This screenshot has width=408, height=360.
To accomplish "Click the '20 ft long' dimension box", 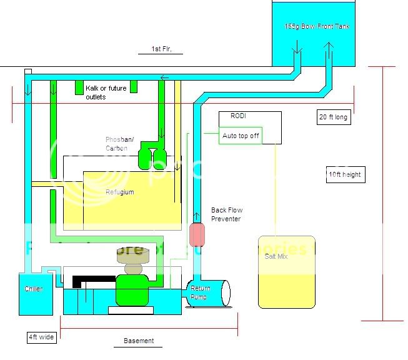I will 333,117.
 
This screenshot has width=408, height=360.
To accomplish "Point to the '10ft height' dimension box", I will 345,174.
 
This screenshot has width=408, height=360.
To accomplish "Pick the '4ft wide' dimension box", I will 42,337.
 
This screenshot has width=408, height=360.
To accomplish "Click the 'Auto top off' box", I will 241,136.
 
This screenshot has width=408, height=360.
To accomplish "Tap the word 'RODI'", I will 238,116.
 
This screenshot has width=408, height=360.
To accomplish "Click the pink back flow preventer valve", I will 197,234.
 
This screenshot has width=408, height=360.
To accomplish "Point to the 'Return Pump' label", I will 201,292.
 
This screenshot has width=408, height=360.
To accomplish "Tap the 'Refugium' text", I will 119,192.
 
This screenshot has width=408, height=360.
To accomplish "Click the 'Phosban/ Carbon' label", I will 117,144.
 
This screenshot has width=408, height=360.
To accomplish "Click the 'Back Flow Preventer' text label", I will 227,214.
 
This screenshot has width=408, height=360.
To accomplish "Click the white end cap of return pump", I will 223,293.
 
